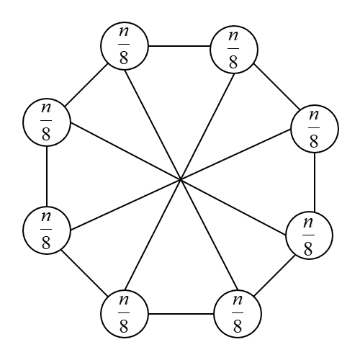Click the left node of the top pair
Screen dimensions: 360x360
125,45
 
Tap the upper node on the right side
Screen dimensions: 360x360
314,128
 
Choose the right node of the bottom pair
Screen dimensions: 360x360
238,314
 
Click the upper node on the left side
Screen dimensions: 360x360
46,122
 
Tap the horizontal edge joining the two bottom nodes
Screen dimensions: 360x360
181,314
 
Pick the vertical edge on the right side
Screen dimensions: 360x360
315,182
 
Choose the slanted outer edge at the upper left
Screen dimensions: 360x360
86,83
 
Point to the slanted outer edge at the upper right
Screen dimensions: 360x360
274,89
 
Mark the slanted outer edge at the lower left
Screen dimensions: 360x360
85,271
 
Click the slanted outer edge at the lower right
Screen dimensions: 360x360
274,275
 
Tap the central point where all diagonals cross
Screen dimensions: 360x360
180,178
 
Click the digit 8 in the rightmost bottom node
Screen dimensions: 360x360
238,325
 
